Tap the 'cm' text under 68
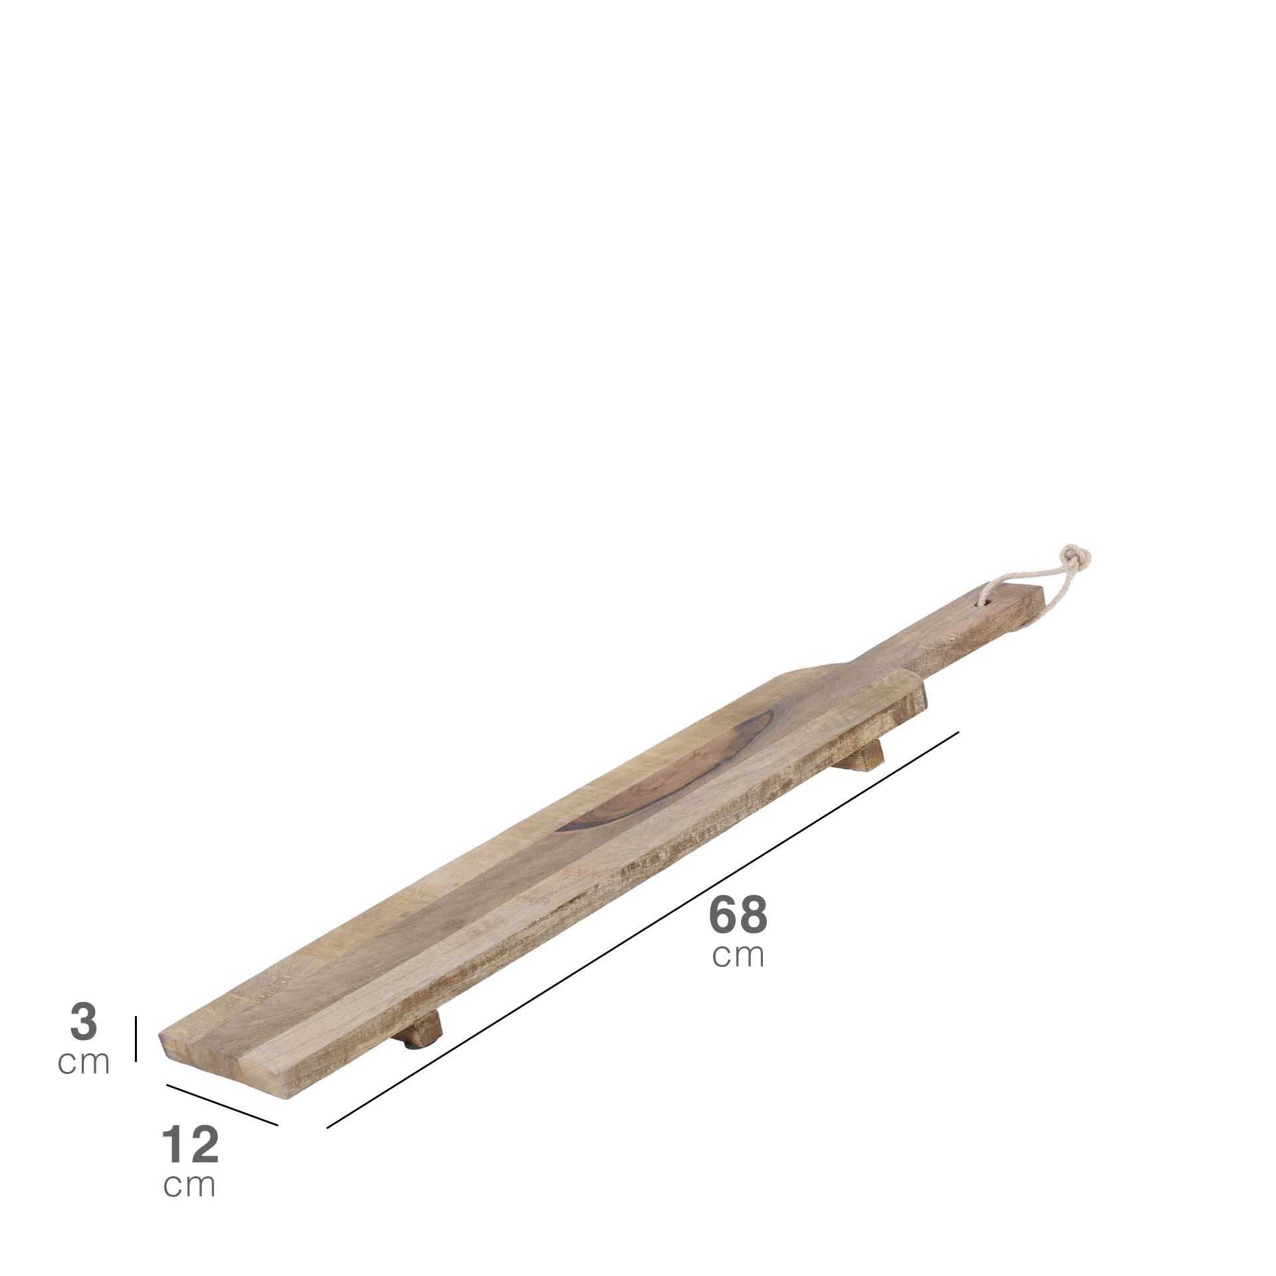tap(738, 955)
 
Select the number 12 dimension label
tap(190, 1144)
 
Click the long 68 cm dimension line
tap(643, 930)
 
